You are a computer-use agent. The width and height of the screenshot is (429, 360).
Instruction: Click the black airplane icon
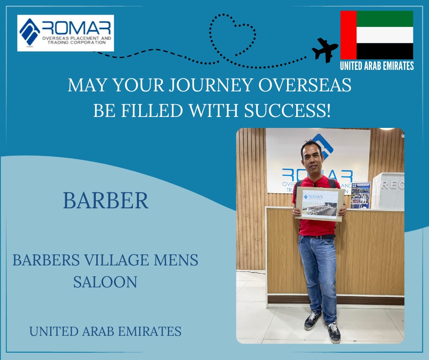(325, 50)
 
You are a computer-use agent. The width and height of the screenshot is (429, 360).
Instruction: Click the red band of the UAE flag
(348, 35)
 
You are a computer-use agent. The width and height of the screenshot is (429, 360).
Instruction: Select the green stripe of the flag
(385, 19)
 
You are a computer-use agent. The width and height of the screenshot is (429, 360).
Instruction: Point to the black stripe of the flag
(385, 51)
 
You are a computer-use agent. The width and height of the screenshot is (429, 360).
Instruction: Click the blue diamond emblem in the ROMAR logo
(30, 32)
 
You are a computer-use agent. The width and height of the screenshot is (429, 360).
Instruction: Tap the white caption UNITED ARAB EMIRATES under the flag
(377, 66)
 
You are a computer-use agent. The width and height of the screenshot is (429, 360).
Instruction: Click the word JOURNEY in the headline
(210, 85)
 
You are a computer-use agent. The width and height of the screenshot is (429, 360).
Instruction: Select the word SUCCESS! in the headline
(287, 111)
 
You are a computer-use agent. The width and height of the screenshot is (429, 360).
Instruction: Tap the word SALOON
(105, 282)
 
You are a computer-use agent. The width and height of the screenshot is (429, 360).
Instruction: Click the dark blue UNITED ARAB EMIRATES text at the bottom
(105, 331)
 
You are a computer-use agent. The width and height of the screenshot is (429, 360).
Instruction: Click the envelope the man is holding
(319, 204)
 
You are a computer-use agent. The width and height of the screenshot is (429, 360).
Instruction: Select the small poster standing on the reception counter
(361, 195)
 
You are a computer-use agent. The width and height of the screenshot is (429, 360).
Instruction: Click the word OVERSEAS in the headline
(305, 85)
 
